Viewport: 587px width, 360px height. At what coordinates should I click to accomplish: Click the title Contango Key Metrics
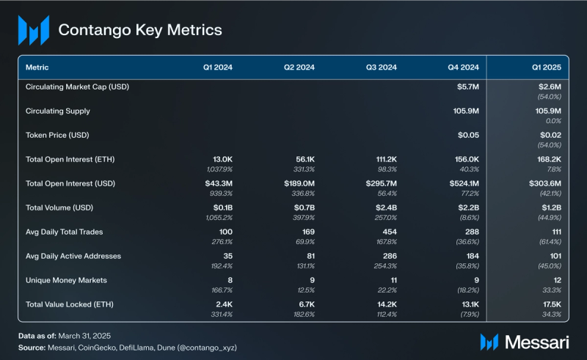(139, 30)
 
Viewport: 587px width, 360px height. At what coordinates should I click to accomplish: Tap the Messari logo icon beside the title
(34, 31)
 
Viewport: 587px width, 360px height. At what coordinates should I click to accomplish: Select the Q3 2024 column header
(382, 67)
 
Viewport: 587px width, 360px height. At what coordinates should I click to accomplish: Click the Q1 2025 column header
(547, 67)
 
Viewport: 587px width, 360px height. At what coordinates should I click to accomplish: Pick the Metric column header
(37, 67)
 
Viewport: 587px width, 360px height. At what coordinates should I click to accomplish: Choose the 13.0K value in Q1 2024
(221, 159)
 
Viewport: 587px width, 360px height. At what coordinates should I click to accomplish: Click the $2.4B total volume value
(384, 207)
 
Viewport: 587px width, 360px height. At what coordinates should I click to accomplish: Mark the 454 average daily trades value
(389, 232)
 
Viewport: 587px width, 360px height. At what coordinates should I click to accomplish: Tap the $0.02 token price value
(550, 135)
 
